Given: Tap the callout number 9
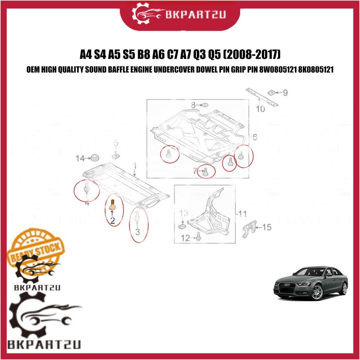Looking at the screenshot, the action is click(285, 92).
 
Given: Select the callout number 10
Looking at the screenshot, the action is click(260, 109).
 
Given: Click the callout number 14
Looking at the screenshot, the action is click(80, 158).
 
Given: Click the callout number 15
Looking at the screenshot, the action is click(266, 227).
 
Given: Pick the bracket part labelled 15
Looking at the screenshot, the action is click(249, 228).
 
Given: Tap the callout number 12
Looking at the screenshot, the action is click(185, 238).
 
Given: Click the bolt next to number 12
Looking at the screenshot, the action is click(199, 236).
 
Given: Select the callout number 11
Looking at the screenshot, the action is click(242, 214).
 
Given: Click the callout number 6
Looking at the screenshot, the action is click(255, 137).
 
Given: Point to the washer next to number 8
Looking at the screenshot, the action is click(205, 105).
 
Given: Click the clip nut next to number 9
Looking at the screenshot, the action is click(272, 92).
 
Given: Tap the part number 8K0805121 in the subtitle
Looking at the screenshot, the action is click(316, 69).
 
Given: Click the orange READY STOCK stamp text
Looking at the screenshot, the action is click(36, 252).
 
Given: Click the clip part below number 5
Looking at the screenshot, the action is click(116, 156).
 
